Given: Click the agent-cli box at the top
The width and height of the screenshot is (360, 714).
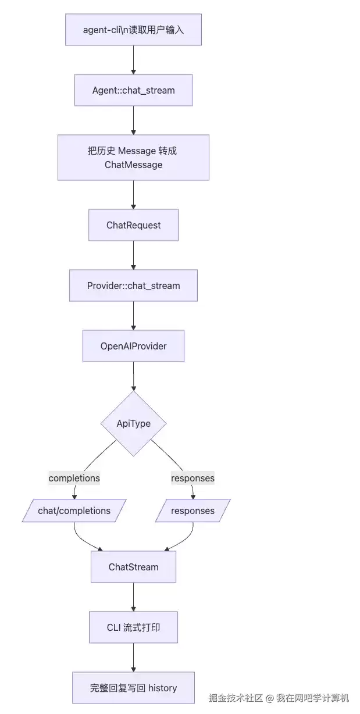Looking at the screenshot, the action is coord(133,30).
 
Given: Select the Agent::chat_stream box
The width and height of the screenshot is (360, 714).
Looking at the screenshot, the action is coord(133,90).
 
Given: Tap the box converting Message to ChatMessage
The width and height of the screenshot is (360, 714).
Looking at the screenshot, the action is coord(133,158).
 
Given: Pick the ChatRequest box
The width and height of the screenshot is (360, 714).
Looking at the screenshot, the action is coord(133,225).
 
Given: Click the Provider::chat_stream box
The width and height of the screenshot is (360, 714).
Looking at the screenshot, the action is coord(133,285).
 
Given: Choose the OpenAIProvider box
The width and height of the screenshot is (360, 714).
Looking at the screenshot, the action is coord(133,346).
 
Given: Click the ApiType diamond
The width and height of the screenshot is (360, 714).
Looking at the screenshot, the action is coord(133,423).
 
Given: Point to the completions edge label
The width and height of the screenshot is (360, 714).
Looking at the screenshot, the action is coord(74,478).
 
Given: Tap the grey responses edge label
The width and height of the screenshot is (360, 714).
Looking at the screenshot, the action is coord(193,478).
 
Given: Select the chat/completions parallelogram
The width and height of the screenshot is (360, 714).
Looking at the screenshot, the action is coord(74,510).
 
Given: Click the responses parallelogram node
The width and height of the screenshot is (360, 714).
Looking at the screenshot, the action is coord(193,510).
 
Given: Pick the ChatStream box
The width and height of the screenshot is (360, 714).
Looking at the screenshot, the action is coord(133,567).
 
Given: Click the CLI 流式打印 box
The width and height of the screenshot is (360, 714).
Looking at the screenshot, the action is coord(133,627).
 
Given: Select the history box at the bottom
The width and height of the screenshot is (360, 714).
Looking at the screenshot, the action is coord(133,688).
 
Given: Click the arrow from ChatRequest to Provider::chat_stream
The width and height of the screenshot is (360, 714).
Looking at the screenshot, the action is coord(133,255).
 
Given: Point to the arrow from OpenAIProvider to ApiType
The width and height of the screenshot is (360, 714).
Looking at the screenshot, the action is coord(133,376).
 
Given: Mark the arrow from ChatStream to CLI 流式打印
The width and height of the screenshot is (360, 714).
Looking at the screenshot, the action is coord(133,597).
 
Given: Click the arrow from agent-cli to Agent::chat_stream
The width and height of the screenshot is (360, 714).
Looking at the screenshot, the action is coord(133,60).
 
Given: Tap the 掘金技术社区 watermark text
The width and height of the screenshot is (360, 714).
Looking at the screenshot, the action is coord(236,698).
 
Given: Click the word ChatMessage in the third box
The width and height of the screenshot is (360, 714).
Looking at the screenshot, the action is coord(133,165).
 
